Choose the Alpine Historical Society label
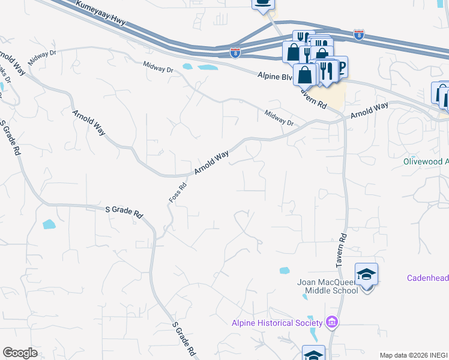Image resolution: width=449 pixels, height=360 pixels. tap(277, 323)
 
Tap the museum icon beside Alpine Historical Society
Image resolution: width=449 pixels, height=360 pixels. tap(332, 323)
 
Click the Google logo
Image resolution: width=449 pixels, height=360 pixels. tap(20, 353)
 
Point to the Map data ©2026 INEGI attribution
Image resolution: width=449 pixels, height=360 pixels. tap(414, 355)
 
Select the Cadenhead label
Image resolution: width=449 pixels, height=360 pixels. tap(427, 278)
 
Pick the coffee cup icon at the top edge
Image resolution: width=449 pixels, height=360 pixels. tap(262, 3)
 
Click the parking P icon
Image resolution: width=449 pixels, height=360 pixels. tap(340, 66)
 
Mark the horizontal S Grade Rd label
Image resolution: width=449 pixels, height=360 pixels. tap(125, 211)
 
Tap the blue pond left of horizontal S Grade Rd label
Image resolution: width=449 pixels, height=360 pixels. tap(49, 224)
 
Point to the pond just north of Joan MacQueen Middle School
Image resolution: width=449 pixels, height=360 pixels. tap(285, 271)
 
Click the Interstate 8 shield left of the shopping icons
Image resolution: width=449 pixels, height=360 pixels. tap(235, 53)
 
